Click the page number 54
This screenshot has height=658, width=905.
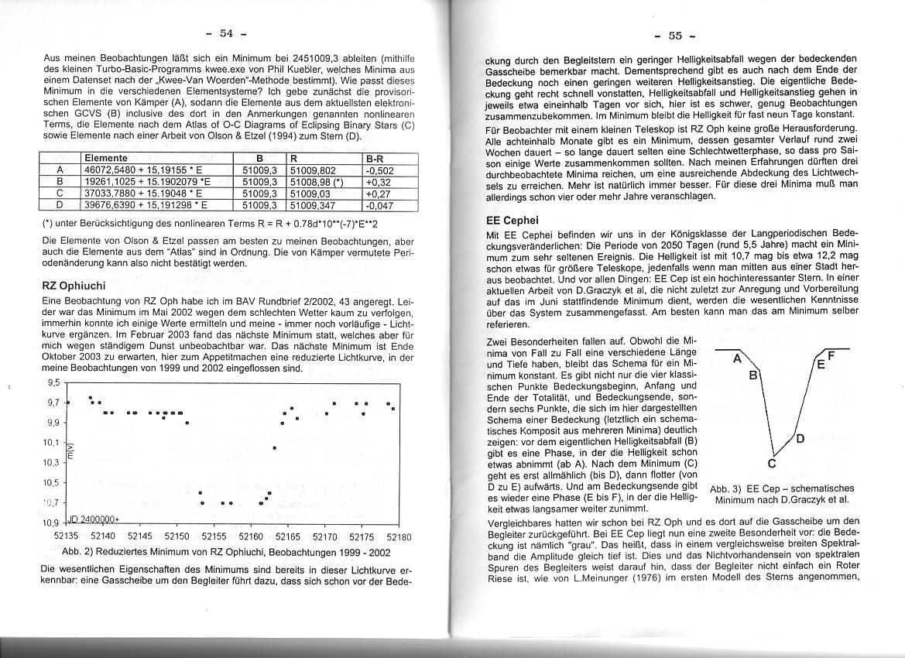point(226,33)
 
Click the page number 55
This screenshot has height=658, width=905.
point(674,36)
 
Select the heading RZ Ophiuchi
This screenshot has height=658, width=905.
point(74,286)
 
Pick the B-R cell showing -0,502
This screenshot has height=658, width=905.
point(380,170)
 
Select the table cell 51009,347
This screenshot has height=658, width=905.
point(311,205)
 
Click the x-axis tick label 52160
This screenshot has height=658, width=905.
point(252,536)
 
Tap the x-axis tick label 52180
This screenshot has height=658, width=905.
point(399,536)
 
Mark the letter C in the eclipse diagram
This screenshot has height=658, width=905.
point(771,464)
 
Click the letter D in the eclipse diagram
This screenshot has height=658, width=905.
point(800,439)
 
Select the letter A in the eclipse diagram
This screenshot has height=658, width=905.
point(737,359)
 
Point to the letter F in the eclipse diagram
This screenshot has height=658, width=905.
point(831,356)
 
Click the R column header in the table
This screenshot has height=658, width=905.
point(293,158)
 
